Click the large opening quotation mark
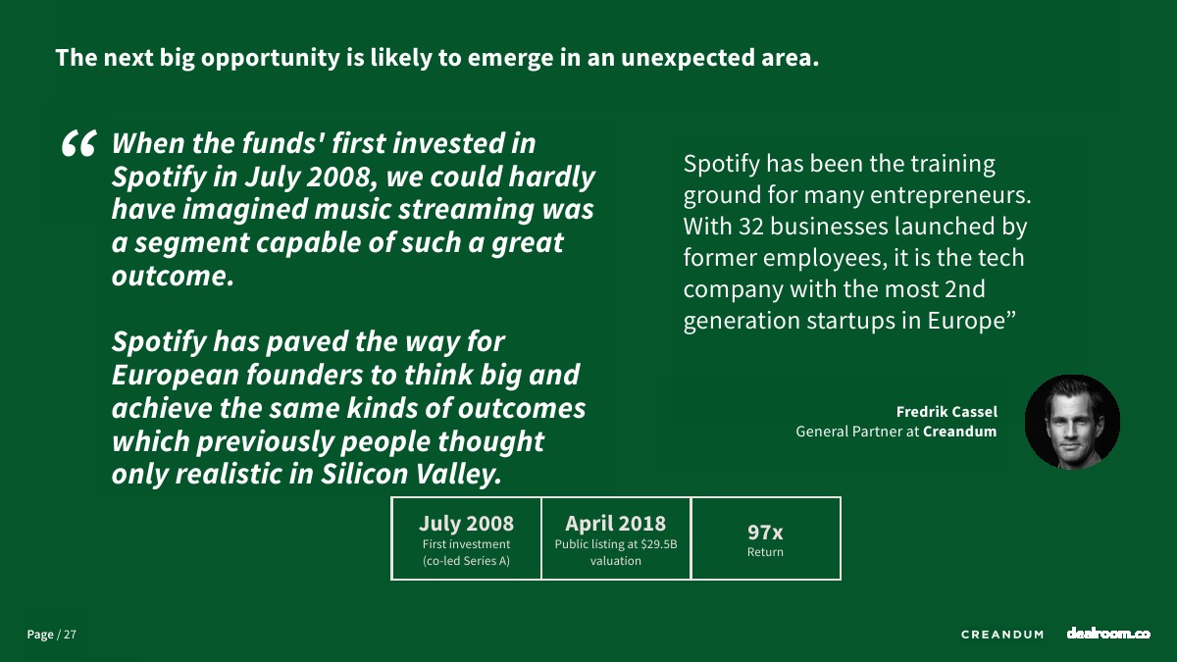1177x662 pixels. point(78,143)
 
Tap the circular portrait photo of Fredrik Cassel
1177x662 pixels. point(1072,422)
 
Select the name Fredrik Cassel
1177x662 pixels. point(947,411)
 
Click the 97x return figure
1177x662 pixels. point(765,533)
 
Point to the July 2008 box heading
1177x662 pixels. point(466,524)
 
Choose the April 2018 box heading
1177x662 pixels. point(615,524)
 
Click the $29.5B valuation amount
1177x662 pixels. point(659,544)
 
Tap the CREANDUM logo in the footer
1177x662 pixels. point(1002,635)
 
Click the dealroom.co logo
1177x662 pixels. point(1108,634)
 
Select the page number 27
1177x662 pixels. point(70,635)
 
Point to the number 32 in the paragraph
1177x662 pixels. point(751,227)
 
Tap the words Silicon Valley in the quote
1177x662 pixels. point(410,475)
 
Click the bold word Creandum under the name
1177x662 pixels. point(959,432)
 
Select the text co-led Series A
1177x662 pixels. point(467,561)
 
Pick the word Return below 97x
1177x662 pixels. point(765,552)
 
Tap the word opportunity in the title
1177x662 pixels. point(271,59)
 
